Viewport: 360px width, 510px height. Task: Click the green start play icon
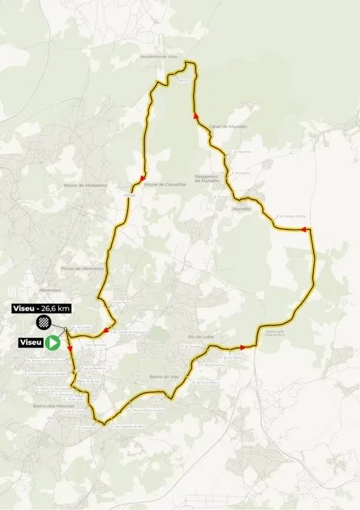point(53,342)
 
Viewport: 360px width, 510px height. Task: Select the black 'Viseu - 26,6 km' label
point(41,309)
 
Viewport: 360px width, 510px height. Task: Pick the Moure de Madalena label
point(85,185)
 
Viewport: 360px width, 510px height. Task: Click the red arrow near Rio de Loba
point(243,347)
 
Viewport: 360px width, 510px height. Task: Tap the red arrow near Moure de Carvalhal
point(143,177)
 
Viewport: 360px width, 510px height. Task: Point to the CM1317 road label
point(184,81)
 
